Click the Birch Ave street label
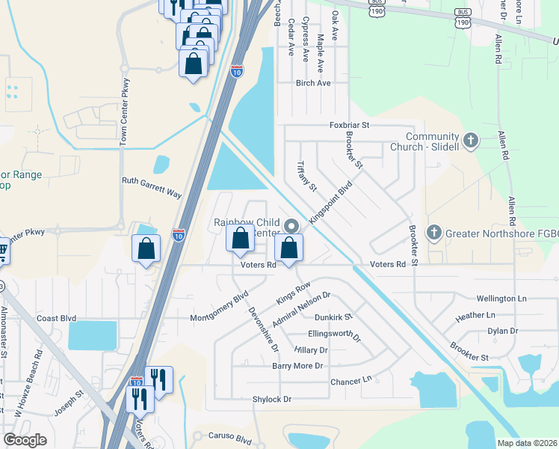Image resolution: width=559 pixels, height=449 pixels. (x=313, y=83)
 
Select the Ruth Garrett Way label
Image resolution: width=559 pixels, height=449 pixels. (x=152, y=186)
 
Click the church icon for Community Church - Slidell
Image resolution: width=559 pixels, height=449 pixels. (x=470, y=140)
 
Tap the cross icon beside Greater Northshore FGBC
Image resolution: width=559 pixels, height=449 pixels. (x=434, y=233)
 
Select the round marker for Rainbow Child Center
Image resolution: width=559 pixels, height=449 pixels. (x=291, y=224)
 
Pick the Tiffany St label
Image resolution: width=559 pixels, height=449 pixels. (x=307, y=177)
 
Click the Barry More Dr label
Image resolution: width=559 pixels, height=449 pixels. (x=297, y=366)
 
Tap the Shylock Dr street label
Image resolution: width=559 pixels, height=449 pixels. (x=272, y=400)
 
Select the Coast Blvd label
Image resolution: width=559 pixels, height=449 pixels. (x=58, y=318)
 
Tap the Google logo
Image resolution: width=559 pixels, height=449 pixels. (x=25, y=440)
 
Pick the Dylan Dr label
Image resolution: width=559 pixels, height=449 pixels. (x=502, y=330)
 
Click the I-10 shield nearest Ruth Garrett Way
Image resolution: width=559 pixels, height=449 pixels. (x=178, y=235)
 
